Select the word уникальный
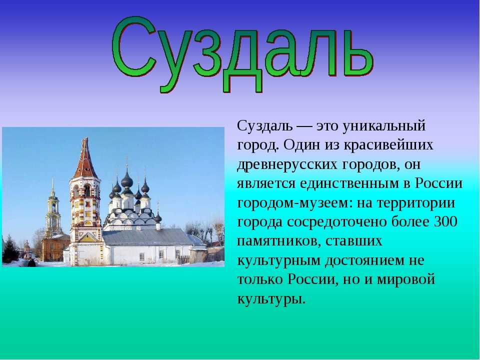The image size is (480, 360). point(384,126)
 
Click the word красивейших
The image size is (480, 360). point(388,145)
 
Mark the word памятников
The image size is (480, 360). point(279,241)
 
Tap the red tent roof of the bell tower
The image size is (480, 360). point(85,158)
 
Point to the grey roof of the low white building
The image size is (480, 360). point(147,237)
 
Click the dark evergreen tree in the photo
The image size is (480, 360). point(10,249)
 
